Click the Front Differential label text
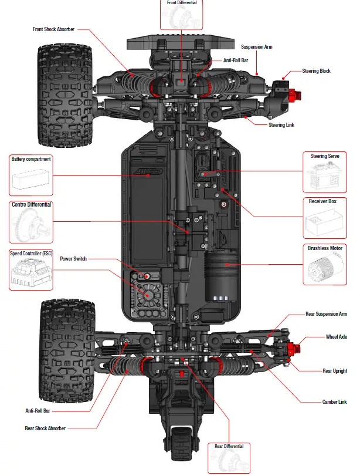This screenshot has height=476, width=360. point(182,3)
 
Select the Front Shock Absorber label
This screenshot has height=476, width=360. point(53,29)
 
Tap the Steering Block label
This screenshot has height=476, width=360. point(316,71)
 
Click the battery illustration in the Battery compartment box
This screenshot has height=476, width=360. point(30,179)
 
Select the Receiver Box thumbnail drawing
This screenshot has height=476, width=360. point(326,224)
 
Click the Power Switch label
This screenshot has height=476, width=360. point(74,258)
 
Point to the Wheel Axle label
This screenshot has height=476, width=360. point(336,337)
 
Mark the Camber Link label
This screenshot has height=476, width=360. point(335,402)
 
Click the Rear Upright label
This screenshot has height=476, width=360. point(334,371)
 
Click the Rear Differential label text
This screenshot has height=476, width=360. point(229,446)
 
